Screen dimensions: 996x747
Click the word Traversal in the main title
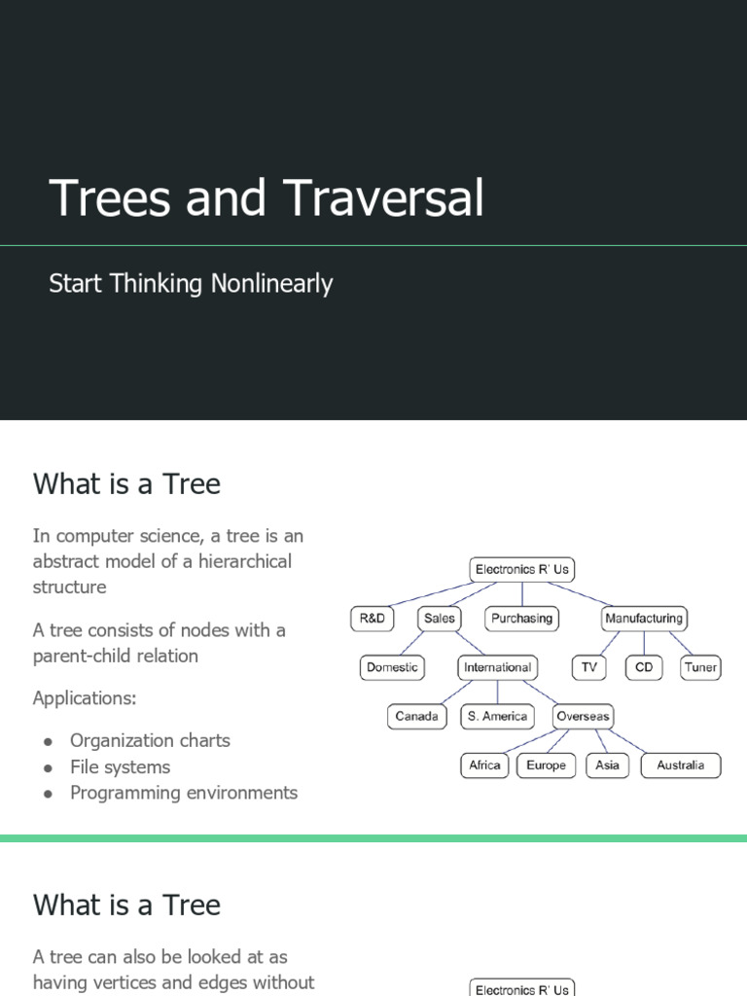coord(384,197)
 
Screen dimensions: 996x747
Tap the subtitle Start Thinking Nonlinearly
coord(191,284)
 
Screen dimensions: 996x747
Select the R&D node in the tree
coord(373,619)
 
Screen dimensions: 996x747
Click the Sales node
coord(440,619)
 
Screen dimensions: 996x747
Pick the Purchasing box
coord(521,619)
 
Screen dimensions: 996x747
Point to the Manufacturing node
coord(643,619)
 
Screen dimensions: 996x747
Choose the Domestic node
coord(392,668)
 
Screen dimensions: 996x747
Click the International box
coord(497,668)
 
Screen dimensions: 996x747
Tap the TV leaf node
coord(588,668)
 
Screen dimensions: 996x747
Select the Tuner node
coord(700,668)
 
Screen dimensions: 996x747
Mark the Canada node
coord(416,717)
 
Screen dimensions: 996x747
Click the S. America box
coord(497,717)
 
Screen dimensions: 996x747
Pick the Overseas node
coord(583,717)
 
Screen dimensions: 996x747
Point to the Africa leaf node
coord(484,765)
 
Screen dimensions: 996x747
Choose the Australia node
coord(680,765)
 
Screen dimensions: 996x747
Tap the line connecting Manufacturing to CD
coord(644,643)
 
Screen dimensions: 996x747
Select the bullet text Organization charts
coord(150,740)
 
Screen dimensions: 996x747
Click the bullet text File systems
coord(120,766)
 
